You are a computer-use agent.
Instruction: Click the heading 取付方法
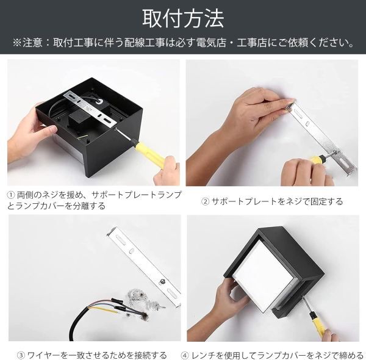click(183, 19)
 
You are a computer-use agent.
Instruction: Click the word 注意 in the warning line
click(32, 43)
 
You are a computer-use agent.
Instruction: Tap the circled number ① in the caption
click(11, 195)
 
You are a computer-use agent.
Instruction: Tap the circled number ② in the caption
click(205, 201)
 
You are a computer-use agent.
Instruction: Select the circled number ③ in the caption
click(21, 356)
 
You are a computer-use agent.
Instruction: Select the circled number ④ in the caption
click(185, 356)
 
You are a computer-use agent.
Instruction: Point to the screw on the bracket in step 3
click(162, 281)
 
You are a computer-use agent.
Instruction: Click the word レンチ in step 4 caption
click(202, 356)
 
